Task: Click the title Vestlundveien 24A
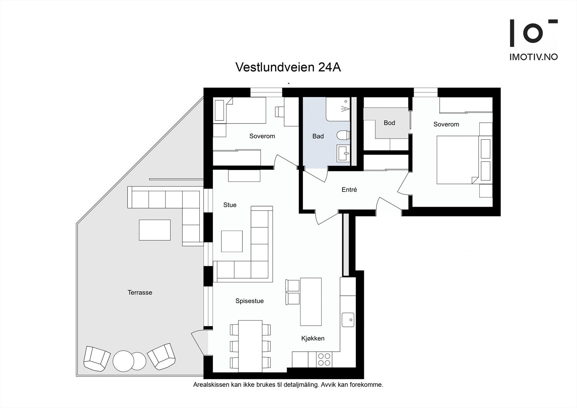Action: pos(288,67)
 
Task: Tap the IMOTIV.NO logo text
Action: pos(533,57)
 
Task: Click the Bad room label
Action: pos(318,136)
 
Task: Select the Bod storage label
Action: pos(389,123)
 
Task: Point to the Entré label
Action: pos(349,189)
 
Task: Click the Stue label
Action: pos(230,205)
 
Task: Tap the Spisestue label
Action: pos(249,301)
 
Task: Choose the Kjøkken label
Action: pos(313,338)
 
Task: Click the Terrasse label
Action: pos(140,293)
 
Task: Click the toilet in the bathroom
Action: pos(343,135)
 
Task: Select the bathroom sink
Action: pos(343,153)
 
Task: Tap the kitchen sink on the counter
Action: pos(348,320)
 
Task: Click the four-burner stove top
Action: pos(324,359)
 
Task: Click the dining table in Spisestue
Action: pos(250,346)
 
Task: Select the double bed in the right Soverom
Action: pos(457,159)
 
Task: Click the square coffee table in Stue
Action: pos(232,241)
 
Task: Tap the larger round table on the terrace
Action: pos(123,361)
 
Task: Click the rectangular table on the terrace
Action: pos(155,230)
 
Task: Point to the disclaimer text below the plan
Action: pos(288,385)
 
